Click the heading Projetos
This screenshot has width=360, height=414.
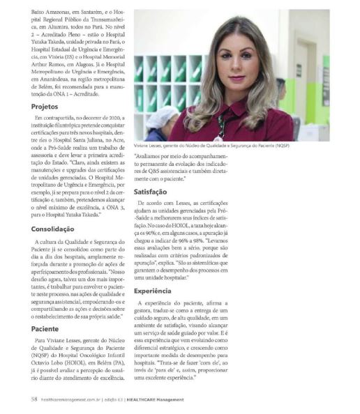[45, 107]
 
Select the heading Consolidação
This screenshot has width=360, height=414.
[53, 228]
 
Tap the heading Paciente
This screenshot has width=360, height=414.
[45, 328]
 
